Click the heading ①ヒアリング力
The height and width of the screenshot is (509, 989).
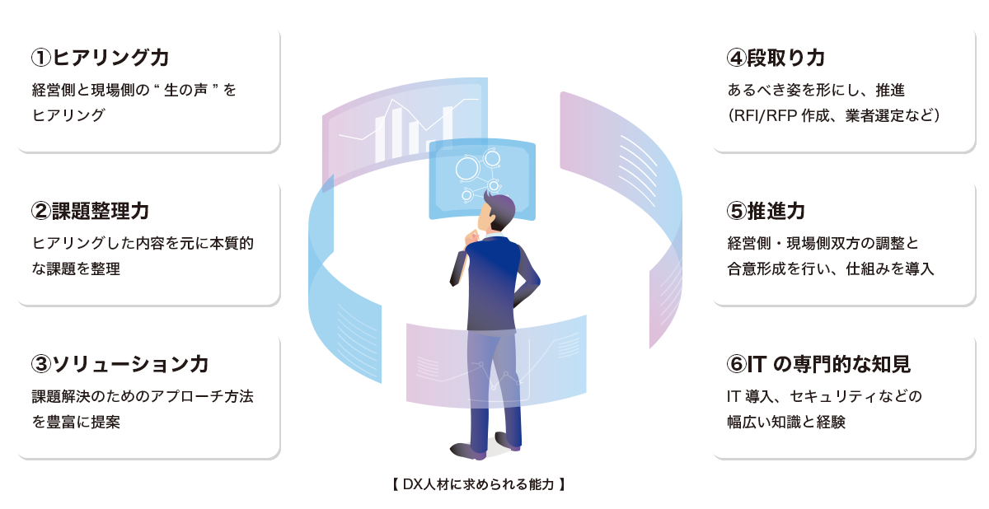pos(101,58)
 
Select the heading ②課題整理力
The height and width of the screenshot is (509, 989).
pos(90,211)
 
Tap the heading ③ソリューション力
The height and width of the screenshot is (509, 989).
pos(120,364)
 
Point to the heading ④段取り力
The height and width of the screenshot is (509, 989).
pos(776,58)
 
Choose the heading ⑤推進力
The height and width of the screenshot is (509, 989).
pos(766,211)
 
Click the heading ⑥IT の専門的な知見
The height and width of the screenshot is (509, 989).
pos(818,364)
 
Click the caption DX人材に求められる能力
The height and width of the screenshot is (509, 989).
pos(479,484)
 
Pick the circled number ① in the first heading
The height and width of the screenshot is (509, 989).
pos(41,58)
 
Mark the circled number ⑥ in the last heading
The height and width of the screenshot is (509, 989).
pos(737,364)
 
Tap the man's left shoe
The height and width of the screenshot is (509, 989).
pos(469,451)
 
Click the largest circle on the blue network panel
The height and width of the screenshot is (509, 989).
pos(467,169)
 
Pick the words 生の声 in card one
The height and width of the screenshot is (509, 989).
pos(185,90)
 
